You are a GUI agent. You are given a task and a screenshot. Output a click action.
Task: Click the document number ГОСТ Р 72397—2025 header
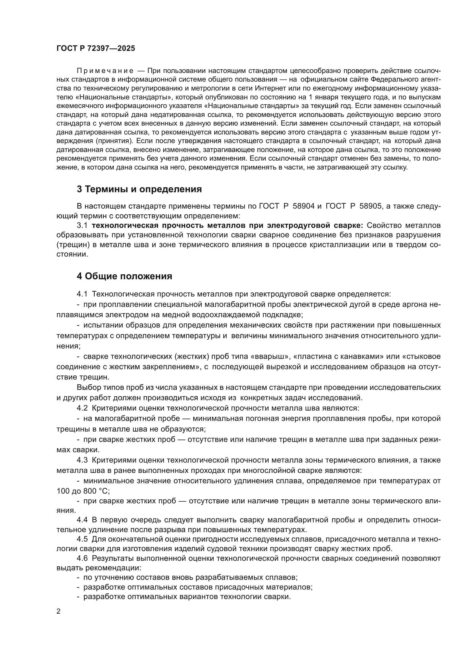[96, 49]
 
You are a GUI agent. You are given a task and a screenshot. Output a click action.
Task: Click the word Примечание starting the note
[105, 71]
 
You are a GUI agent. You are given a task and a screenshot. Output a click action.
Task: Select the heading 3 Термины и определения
[139, 189]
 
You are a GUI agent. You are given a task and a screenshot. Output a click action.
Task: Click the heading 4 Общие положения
[124, 276]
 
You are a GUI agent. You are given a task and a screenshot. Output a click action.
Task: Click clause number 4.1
[82, 294]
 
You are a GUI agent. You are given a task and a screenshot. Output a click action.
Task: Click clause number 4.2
[82, 408]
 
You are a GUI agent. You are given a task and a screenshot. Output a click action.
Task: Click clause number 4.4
[82, 520]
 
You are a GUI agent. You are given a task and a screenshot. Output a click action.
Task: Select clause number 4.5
[82, 539]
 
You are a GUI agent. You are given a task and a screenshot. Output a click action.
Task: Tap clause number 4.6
[82, 559]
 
